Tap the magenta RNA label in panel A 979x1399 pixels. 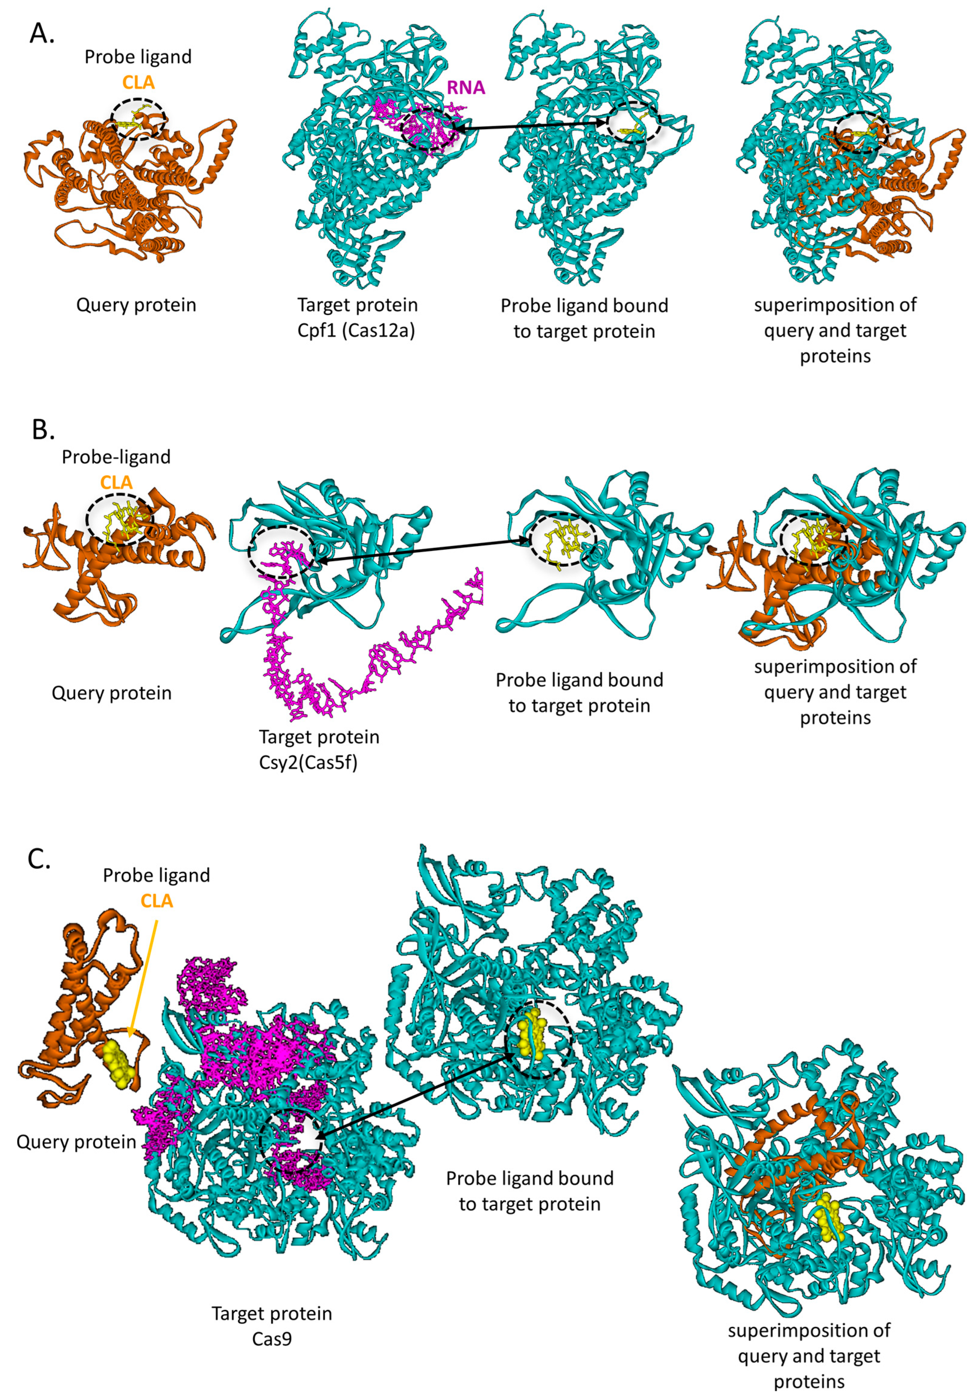[x=466, y=88]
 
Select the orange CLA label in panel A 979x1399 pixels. [x=138, y=82]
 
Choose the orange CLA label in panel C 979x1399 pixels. [x=157, y=900]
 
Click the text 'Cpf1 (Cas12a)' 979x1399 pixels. [x=356, y=331]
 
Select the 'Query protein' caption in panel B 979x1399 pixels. [x=112, y=693]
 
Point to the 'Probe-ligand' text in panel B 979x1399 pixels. [x=116, y=457]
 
